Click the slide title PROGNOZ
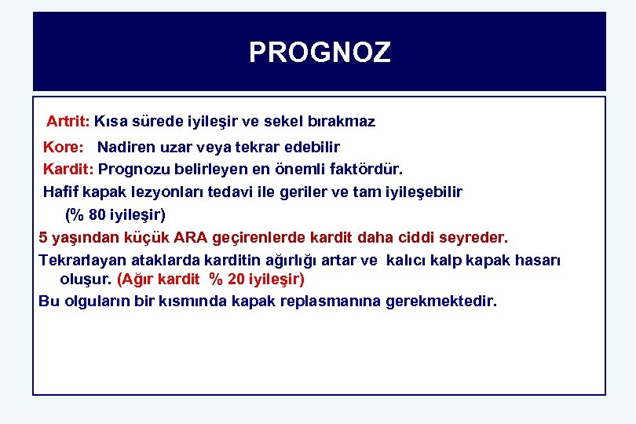point(319,53)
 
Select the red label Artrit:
point(68,122)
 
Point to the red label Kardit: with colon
point(68,169)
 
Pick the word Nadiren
point(125,147)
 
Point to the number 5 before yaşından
point(43,236)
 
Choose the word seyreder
point(476,236)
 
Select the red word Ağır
point(138,279)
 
